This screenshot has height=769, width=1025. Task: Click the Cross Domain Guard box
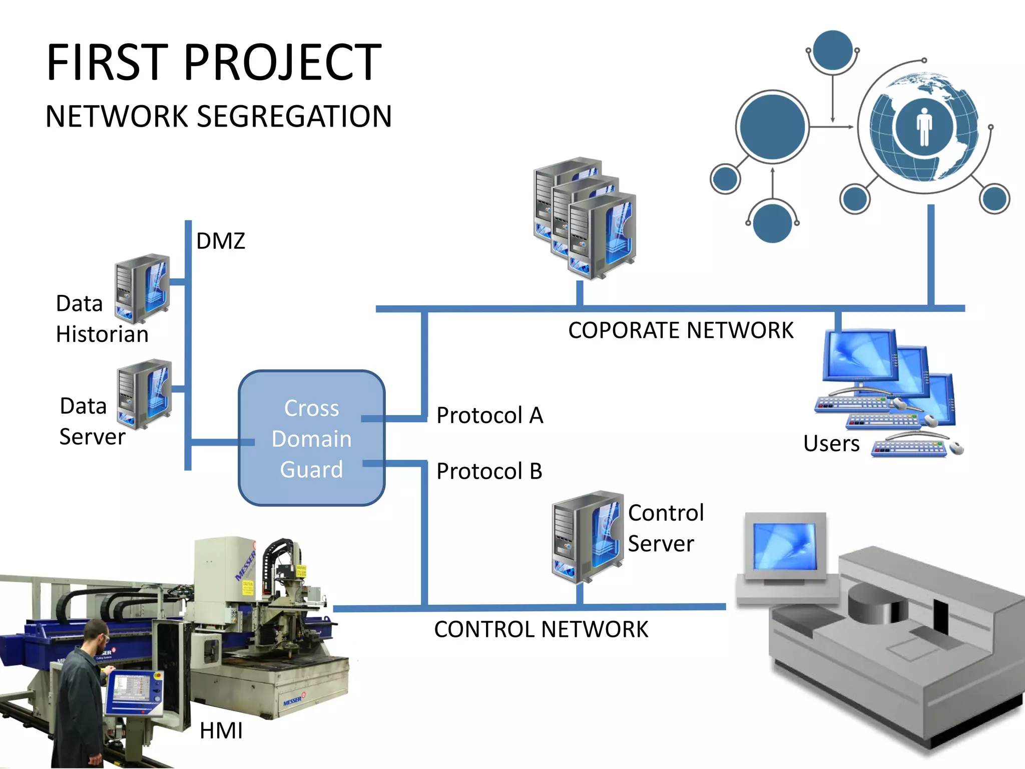(x=311, y=438)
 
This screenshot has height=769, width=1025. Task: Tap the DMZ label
(x=220, y=241)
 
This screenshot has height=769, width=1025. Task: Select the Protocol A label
(x=489, y=415)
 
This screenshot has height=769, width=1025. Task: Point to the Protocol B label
(x=489, y=471)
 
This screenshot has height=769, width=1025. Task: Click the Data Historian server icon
(x=143, y=288)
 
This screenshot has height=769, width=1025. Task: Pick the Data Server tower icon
(x=145, y=394)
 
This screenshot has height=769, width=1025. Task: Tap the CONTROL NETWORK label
(x=541, y=629)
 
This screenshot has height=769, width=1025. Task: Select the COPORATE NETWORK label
(x=680, y=330)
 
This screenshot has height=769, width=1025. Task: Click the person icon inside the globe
(x=924, y=127)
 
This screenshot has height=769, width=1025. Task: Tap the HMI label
(x=221, y=730)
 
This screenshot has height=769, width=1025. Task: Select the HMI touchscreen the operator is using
(x=131, y=689)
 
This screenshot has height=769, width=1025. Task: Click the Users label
(x=831, y=444)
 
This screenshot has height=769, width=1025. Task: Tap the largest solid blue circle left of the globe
(x=772, y=126)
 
